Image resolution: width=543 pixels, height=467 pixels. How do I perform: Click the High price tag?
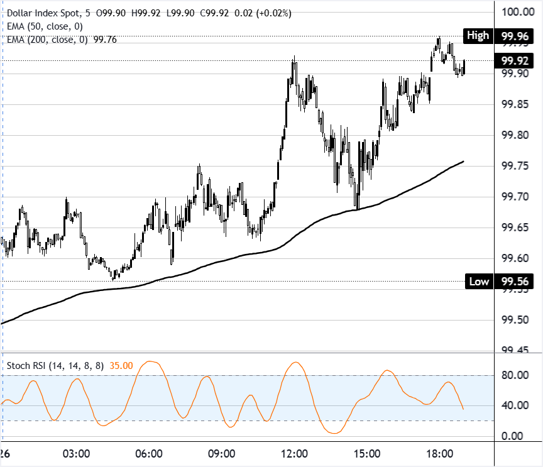478,36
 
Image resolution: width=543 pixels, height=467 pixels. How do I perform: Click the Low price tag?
479,281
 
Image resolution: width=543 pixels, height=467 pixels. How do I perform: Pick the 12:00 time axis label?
293,454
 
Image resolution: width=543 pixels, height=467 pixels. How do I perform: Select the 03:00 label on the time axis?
77,454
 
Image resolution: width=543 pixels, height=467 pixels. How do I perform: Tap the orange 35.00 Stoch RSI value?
121,365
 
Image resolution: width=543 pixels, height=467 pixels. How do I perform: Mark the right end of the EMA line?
463,162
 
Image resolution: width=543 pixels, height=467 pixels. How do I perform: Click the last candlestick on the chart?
464,66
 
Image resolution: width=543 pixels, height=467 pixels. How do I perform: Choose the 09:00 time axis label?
221,454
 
